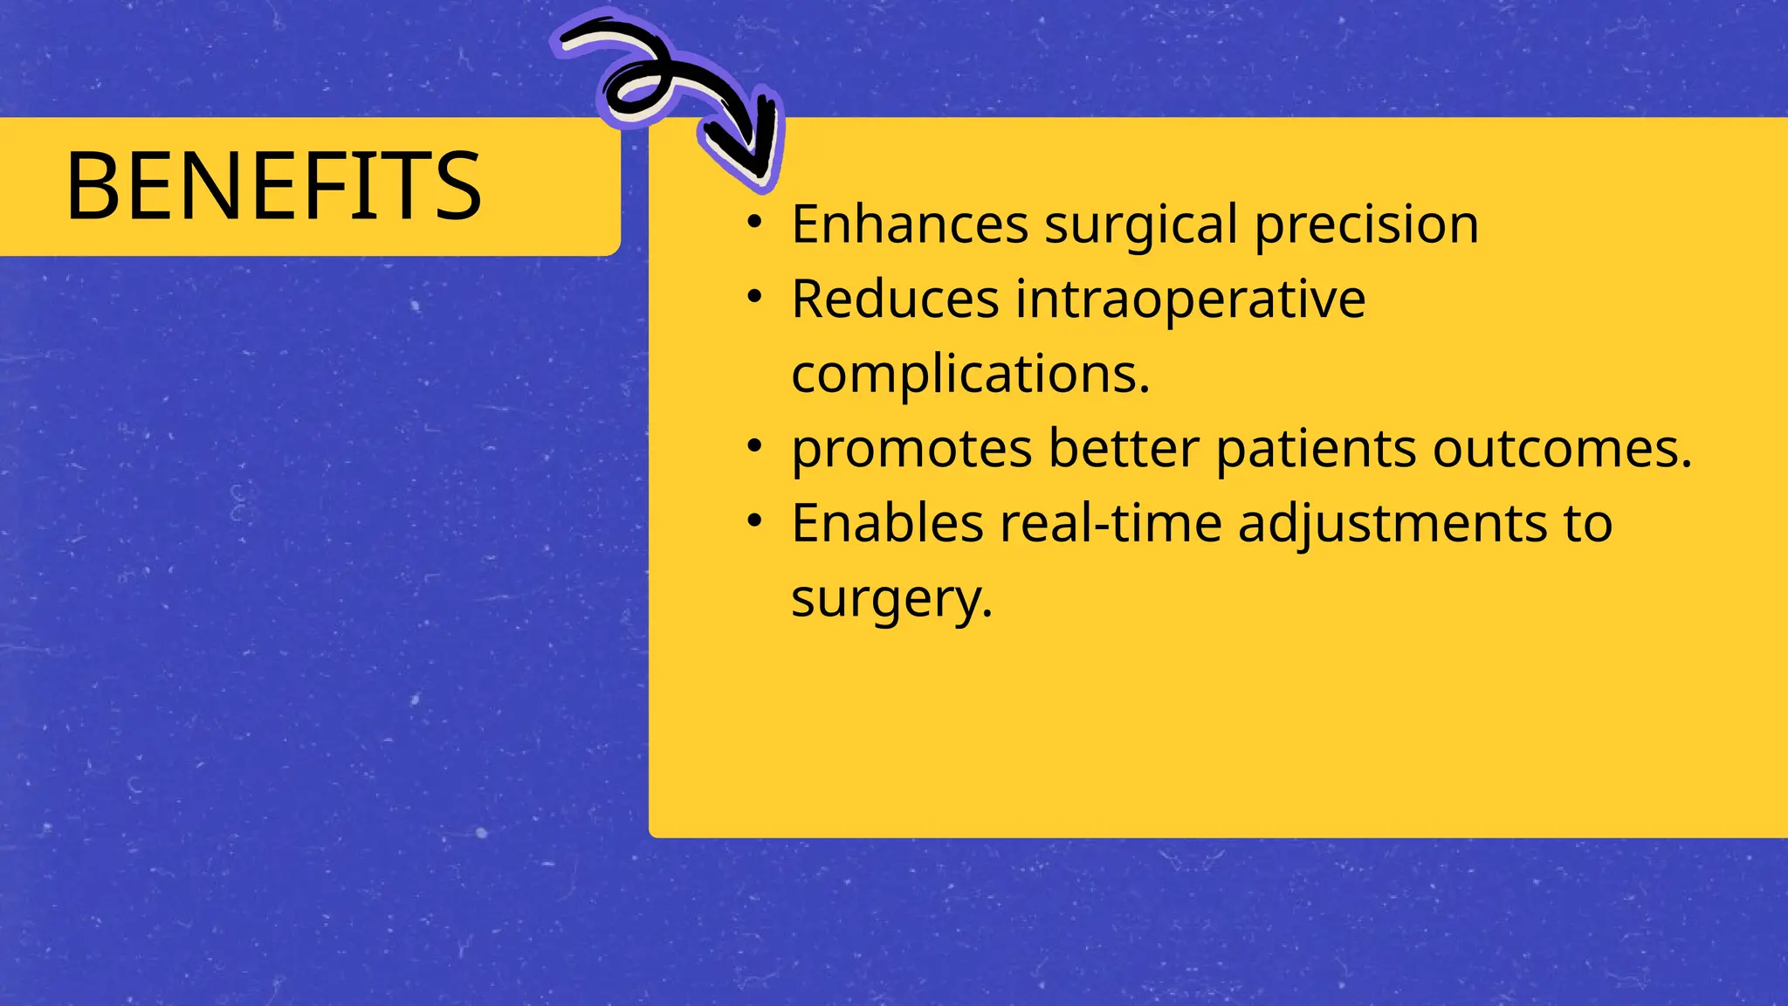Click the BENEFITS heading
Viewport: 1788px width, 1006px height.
pyautogui.click(x=273, y=186)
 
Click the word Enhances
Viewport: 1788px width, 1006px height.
pyautogui.click(x=909, y=224)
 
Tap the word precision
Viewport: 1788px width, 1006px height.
pyautogui.click(x=1366, y=224)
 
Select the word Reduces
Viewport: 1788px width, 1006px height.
pyautogui.click(x=895, y=300)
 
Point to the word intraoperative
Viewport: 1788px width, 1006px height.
pyautogui.click(x=1190, y=300)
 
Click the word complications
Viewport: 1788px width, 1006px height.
pyautogui.click(x=969, y=375)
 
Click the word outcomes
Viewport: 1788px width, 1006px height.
pyautogui.click(x=1561, y=449)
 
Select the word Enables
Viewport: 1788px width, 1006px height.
pyautogui.click(x=887, y=524)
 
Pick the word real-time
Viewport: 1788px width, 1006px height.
pyautogui.click(x=1111, y=524)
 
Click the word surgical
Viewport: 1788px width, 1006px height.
pyautogui.click(x=1141, y=224)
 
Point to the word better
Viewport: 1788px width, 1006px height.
pyautogui.click(x=1124, y=449)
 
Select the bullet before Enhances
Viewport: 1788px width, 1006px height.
pyautogui.click(x=755, y=224)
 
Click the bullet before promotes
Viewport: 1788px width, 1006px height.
pyautogui.click(x=755, y=448)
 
